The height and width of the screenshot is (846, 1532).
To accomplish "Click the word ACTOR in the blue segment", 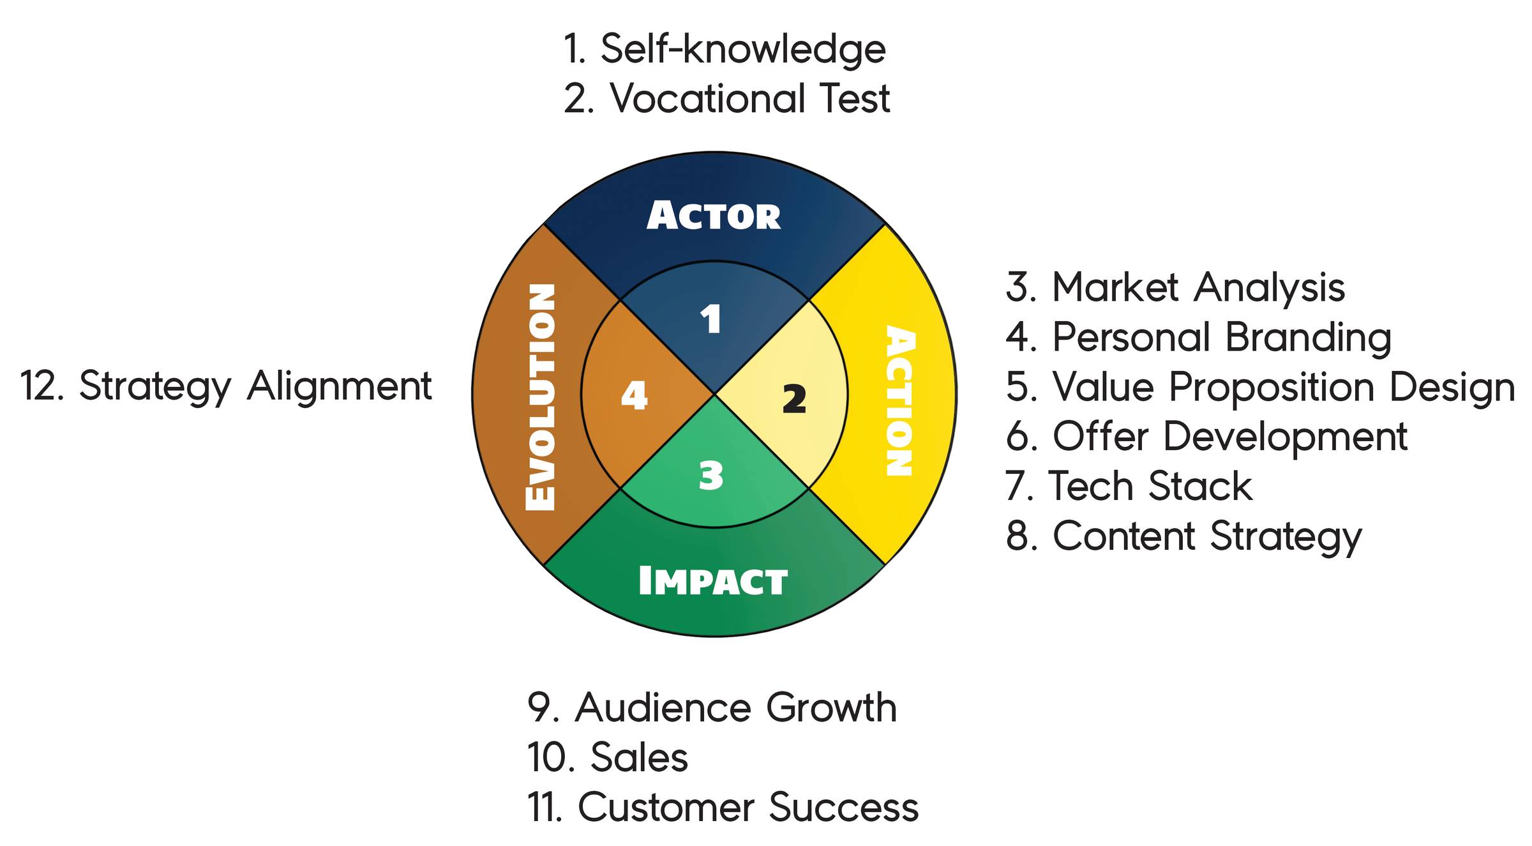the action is point(713,215).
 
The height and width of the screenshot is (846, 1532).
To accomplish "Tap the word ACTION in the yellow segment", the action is point(901,401).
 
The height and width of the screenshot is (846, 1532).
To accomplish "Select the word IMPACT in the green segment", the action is point(713,580).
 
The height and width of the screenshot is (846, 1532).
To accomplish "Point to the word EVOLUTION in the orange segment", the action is point(540,397).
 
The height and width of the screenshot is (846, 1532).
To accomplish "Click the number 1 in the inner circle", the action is point(710,319).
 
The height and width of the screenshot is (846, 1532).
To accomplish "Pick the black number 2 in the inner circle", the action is point(795,399).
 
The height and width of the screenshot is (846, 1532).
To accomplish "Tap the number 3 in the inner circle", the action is point(711,475).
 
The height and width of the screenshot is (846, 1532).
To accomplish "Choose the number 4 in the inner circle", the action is point(635,395).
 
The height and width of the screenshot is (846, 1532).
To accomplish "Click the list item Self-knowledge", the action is point(725,49).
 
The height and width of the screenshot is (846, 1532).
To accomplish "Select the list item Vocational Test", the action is point(727,98).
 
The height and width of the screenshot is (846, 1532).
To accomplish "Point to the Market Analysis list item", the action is point(1175,287).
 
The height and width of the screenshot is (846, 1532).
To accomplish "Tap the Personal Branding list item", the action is point(1199,338).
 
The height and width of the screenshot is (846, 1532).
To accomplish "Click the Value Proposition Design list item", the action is point(1261,388).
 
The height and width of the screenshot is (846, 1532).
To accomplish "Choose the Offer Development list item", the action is point(1206,437).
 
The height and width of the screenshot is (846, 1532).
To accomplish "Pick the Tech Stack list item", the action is point(1129,486).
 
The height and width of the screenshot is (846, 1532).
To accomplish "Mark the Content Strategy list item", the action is point(1184,536).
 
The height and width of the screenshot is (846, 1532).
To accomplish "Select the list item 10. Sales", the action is point(608,757).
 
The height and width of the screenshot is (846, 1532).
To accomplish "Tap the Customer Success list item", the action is point(723,807).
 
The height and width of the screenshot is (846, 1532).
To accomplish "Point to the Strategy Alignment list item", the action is point(226,387).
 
